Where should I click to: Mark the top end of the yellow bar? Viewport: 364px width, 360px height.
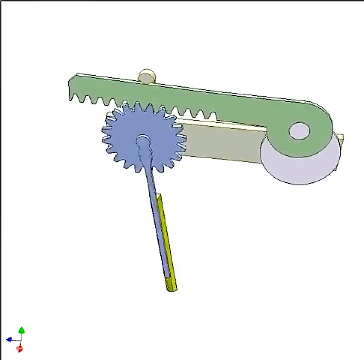pyautogui.click(x=160, y=197)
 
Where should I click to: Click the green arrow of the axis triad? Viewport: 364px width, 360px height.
pyautogui.click(x=21, y=330)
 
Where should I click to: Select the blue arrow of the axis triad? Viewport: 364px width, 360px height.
pyautogui.click(x=9, y=339)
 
